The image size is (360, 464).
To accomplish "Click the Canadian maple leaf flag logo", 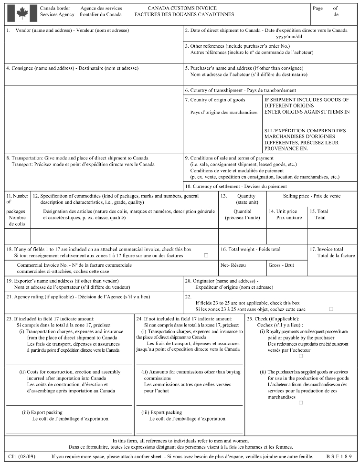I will tap(21, 13).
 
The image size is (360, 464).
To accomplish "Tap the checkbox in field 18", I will tap(206, 255).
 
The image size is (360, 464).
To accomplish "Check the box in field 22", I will tap(331, 309).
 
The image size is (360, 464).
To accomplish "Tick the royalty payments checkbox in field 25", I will tap(301, 356).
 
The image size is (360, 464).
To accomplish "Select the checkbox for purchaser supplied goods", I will tap(301, 402).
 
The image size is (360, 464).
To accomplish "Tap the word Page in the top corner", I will tap(318, 8).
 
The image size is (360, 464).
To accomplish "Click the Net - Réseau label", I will tap(231, 264).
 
